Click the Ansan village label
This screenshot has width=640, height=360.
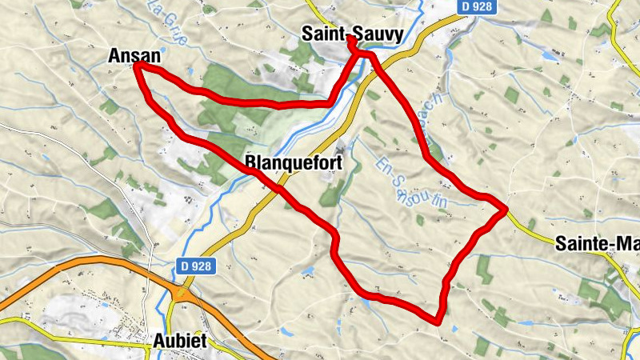134,56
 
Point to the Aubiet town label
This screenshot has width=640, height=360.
178,342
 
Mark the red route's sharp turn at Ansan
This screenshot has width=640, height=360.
137,66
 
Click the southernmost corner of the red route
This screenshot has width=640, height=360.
438,322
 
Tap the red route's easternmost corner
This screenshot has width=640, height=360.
506,210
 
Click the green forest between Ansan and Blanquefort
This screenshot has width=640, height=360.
232,96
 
